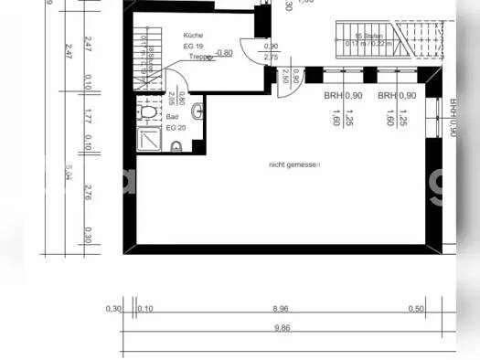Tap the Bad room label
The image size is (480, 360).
(172, 118)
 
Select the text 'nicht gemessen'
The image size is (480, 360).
(294, 164)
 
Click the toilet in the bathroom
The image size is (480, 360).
(148, 112)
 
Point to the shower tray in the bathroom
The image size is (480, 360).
(147, 139)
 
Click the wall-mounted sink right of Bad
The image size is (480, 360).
(198, 111)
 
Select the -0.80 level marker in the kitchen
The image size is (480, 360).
(223, 53)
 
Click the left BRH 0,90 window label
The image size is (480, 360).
(343, 95)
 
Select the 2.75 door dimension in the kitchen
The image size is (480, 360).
(271, 57)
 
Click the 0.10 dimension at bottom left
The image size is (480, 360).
(144, 310)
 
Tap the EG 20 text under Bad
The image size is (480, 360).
(174, 128)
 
